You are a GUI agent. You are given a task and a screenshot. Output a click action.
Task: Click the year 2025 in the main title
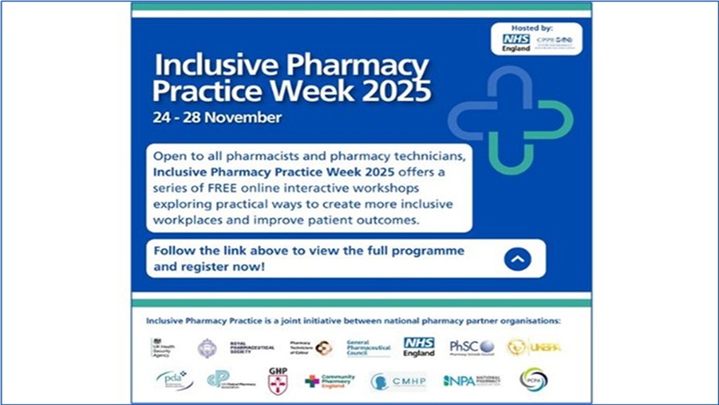(397, 92)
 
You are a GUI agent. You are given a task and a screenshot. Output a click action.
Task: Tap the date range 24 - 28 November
(217, 118)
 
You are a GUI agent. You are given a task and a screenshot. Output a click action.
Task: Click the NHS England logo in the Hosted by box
(516, 42)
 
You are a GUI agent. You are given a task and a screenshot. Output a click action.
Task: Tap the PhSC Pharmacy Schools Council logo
(472, 347)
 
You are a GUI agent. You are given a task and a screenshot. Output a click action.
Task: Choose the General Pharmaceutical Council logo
(368, 348)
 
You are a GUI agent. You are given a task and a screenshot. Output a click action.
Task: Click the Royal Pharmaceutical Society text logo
(252, 348)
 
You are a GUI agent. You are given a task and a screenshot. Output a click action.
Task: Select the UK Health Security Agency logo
(163, 348)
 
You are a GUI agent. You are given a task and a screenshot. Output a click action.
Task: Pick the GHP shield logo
(277, 381)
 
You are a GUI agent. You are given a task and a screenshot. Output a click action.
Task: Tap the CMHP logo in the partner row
(398, 381)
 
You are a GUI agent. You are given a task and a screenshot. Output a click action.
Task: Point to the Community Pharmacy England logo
(330, 381)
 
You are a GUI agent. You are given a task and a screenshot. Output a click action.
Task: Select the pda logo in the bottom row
(175, 380)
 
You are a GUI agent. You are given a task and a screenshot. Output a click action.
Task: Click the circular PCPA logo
(533, 380)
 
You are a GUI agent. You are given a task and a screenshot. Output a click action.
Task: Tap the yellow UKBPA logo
(534, 348)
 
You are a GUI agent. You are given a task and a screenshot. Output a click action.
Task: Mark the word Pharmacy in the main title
(358, 66)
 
